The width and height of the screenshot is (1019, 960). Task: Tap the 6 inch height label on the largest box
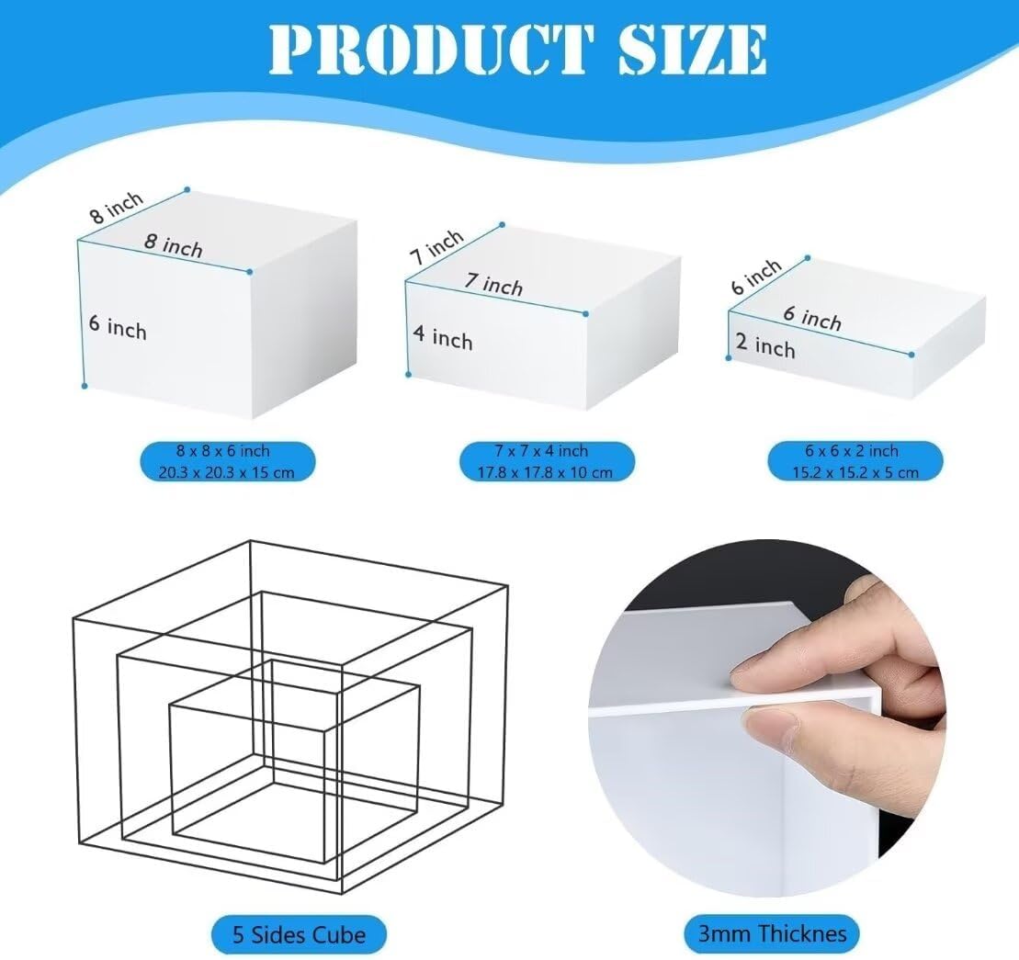click(118, 327)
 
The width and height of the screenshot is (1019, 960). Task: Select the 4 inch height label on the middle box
click(443, 337)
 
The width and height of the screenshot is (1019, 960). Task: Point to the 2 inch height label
click(765, 345)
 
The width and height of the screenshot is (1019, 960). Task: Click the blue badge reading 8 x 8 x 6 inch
click(228, 462)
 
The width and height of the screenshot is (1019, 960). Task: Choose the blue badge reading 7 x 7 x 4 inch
click(547, 462)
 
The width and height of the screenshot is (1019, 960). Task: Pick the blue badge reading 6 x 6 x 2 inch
click(855, 462)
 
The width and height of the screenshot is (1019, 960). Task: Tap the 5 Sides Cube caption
click(299, 934)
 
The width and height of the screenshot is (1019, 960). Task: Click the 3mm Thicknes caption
click(772, 934)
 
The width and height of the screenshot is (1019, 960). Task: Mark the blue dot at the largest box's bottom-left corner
click(85, 386)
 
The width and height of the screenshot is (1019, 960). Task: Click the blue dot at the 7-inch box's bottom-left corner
click(408, 374)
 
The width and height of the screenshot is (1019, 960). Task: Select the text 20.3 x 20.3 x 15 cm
click(227, 472)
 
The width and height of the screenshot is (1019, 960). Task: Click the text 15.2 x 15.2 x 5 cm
click(855, 472)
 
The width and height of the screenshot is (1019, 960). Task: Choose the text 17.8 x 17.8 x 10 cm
click(545, 472)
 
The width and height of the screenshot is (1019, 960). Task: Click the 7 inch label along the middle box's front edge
click(494, 284)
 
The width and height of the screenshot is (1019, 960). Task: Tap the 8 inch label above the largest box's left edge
click(117, 208)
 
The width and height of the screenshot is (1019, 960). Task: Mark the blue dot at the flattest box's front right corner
click(911, 355)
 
